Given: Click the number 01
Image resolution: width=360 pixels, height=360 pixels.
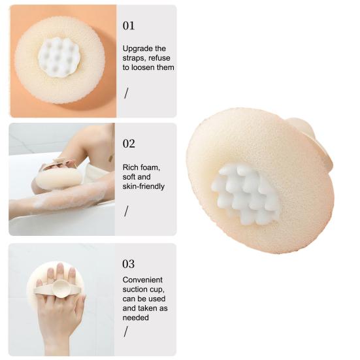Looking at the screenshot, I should point(129,25).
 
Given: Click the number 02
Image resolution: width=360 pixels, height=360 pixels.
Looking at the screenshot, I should point(129,143).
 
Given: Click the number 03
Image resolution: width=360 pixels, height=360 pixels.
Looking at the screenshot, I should point(129,263).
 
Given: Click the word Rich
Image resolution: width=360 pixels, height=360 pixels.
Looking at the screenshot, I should point(131,167).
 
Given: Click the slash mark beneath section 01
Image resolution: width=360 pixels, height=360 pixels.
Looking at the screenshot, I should point(126,93).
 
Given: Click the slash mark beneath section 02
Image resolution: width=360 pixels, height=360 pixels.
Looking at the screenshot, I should point(126,210).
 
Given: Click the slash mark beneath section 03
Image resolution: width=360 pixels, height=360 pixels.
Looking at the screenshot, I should point(126,331).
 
